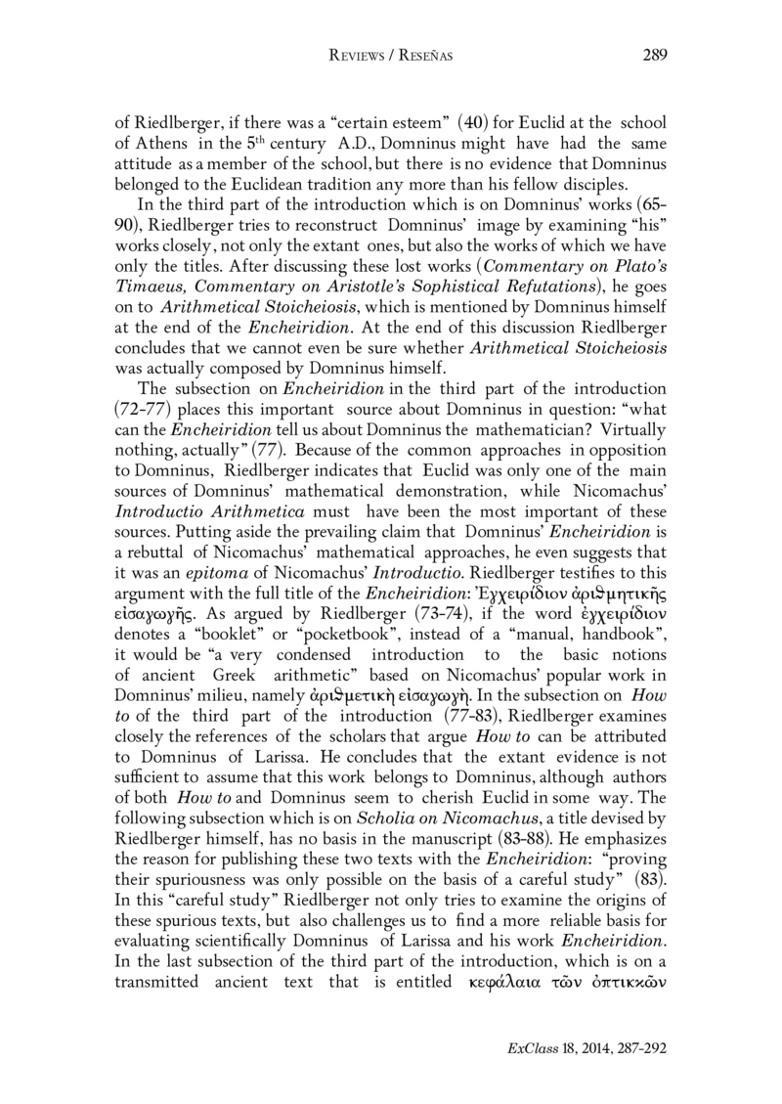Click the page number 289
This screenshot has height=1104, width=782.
tap(654, 57)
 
